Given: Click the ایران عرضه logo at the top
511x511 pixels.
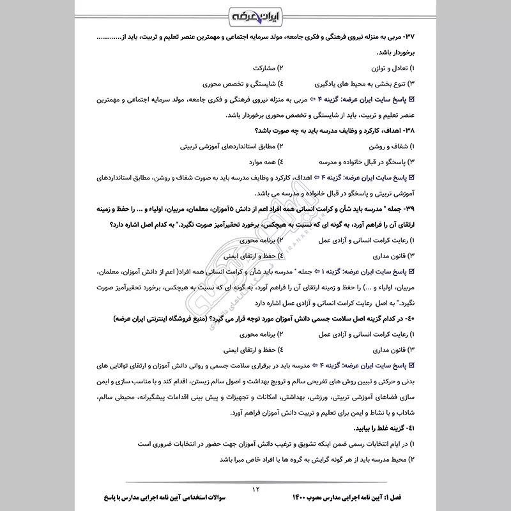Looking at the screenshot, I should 255,15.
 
